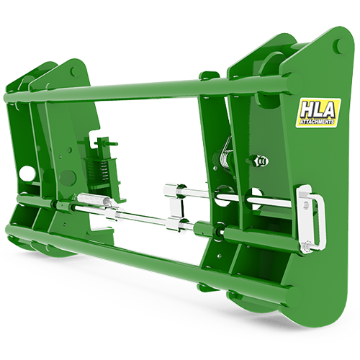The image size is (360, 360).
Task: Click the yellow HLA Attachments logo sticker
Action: click(x=318, y=113)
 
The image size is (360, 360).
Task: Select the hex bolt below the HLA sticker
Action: click(x=259, y=161)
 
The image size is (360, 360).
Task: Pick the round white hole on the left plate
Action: click(x=27, y=174)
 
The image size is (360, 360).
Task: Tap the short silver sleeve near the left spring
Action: click(x=91, y=200)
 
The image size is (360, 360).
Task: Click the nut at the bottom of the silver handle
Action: click(x=309, y=247)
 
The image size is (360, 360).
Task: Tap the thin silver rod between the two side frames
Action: click(x=144, y=217)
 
